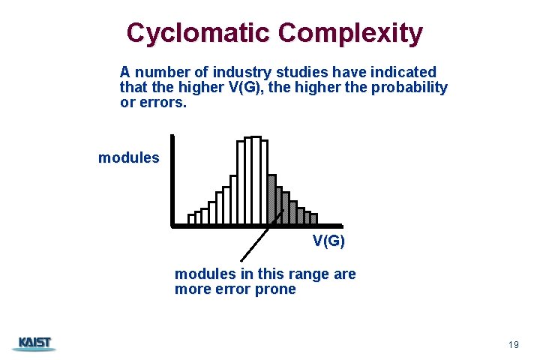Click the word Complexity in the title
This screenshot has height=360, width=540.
(x=350, y=33)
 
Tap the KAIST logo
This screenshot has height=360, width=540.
(x=34, y=343)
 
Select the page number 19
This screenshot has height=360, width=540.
(x=513, y=344)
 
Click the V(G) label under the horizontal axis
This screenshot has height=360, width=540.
(x=328, y=241)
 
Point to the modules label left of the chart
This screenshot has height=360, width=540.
(x=128, y=157)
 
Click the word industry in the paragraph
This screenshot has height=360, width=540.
(x=241, y=73)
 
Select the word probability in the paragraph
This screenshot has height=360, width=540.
(x=409, y=87)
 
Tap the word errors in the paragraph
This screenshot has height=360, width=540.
(x=161, y=101)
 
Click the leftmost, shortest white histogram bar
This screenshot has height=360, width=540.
(x=191, y=219)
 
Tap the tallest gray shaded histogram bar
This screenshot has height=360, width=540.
(x=272, y=199)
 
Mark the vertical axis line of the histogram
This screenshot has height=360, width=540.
(x=172, y=180)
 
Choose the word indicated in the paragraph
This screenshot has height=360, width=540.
(x=400, y=73)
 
